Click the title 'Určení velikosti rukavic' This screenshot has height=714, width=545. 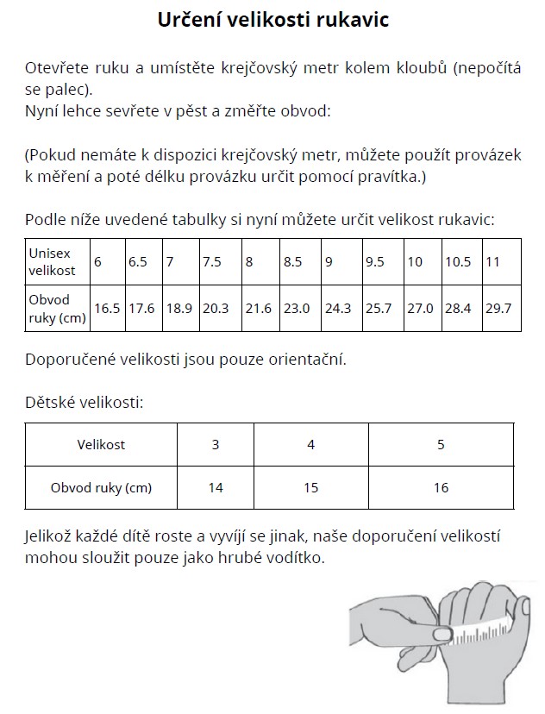pos(272,20)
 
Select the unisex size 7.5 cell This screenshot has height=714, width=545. pos(212,261)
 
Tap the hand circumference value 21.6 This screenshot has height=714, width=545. pos(259,309)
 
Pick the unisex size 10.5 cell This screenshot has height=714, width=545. pos(459,261)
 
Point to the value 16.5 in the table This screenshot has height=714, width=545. pos(107,309)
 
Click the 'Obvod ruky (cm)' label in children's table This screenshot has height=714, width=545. pos(101,488)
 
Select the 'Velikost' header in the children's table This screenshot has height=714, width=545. pos(101,445)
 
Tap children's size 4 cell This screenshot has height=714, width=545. pos(311,445)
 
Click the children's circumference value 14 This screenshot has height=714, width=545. pos(216,488)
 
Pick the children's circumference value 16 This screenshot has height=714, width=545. pos(441,488)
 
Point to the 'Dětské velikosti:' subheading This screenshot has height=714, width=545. pos(85,402)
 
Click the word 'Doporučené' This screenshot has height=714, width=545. pos(68,360)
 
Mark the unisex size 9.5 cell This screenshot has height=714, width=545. pos(375,261)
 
